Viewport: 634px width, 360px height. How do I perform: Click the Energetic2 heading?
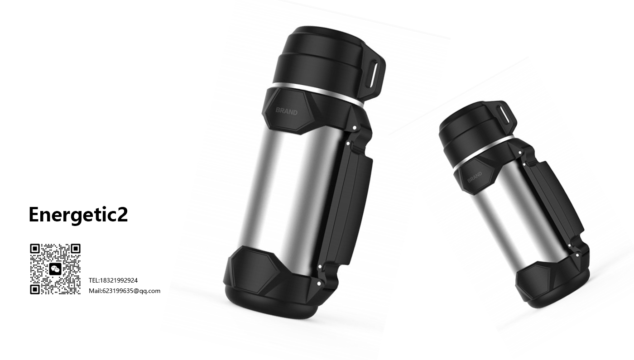tap(78, 215)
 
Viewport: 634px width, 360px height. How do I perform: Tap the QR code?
tap(55, 269)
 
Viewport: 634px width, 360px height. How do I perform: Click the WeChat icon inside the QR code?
tap(55, 269)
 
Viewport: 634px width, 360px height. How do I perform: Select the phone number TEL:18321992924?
tap(113, 280)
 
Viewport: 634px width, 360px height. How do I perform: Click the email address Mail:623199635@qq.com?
tap(125, 291)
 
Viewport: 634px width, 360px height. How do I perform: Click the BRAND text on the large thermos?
tap(287, 111)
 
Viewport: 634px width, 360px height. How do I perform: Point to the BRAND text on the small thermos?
tap(475, 177)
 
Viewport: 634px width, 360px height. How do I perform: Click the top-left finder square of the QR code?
tap(36, 249)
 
